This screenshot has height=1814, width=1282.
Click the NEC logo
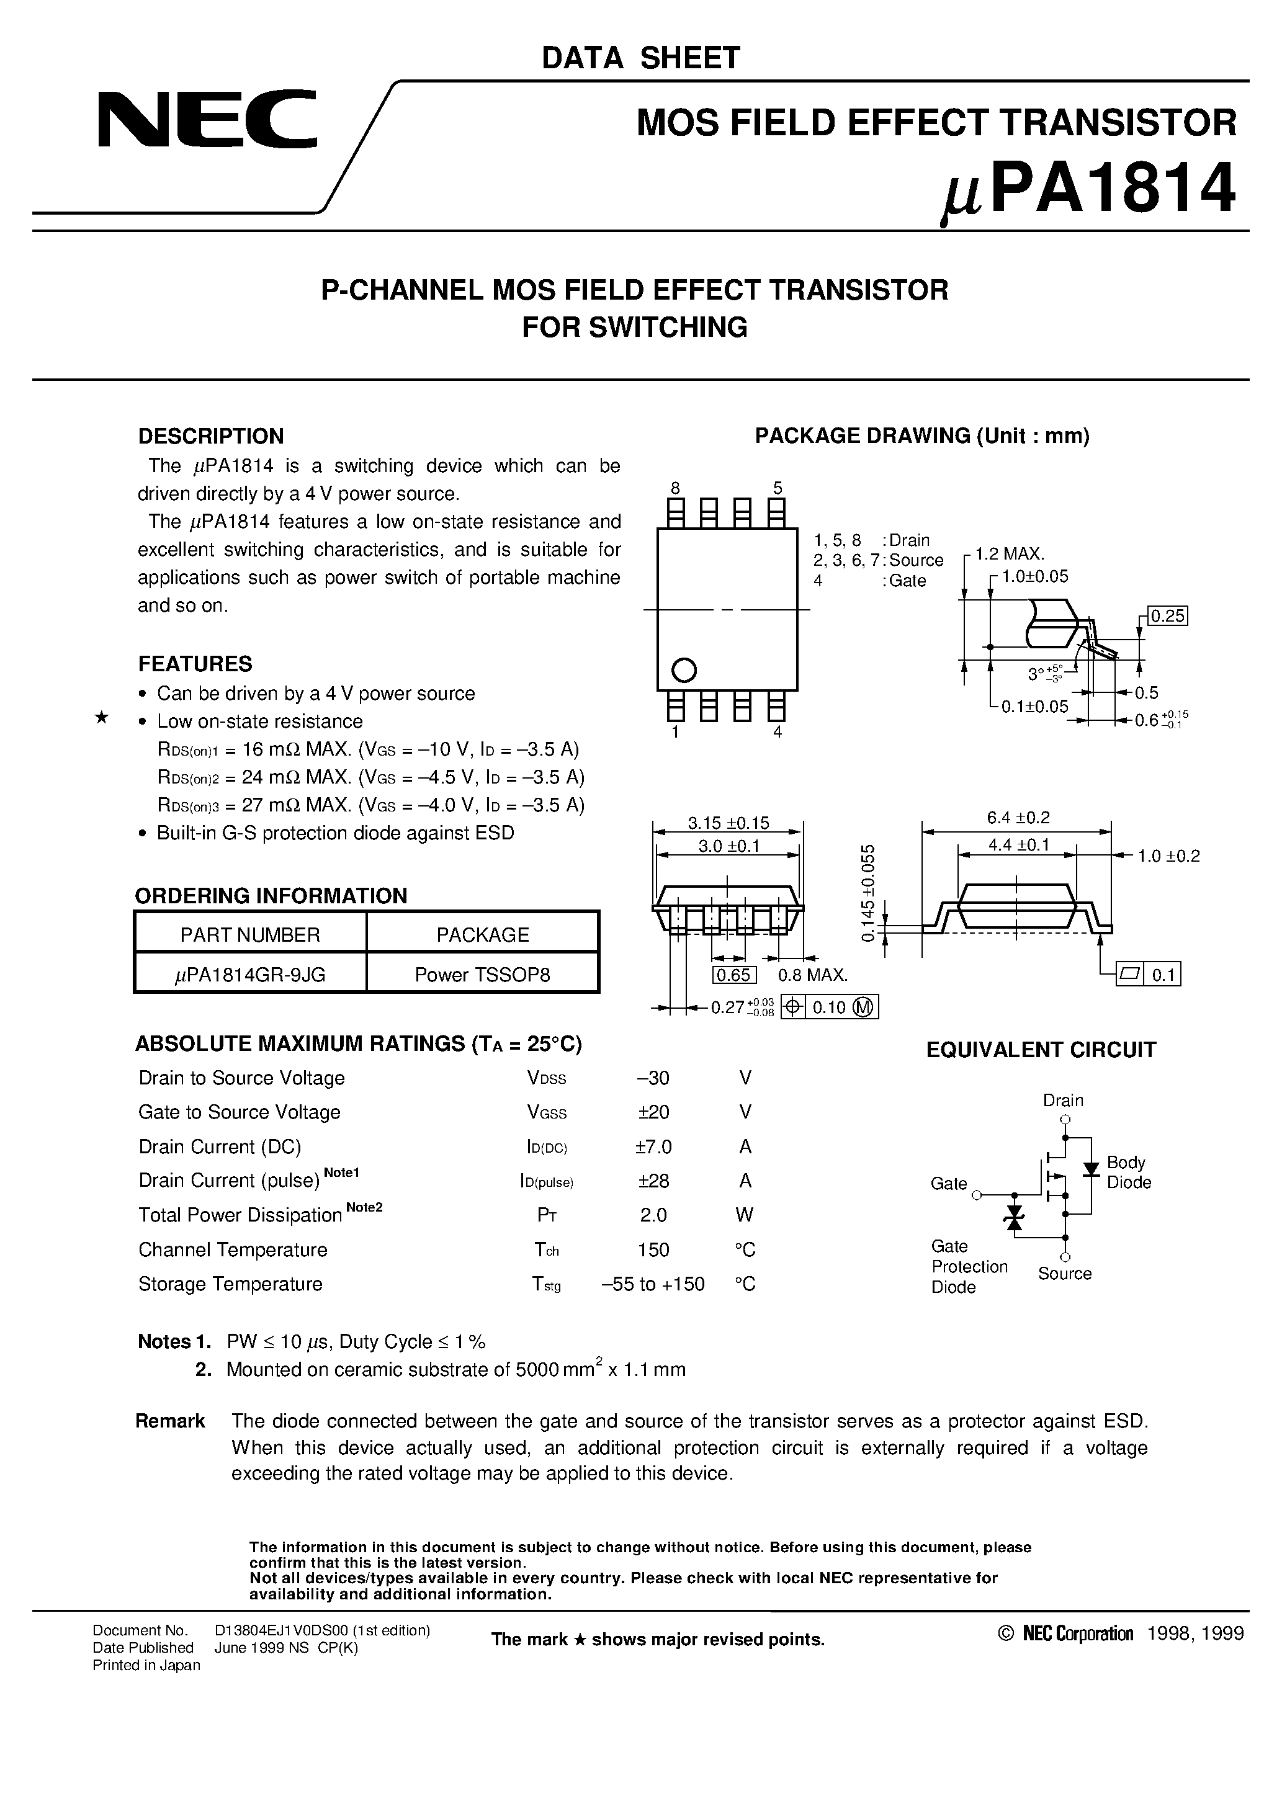[x=207, y=120]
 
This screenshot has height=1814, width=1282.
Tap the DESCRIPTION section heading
[x=210, y=436]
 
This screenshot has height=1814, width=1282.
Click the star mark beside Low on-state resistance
[x=101, y=718]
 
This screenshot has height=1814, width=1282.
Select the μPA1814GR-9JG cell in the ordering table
[x=250, y=975]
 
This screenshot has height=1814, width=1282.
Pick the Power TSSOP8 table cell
[x=482, y=975]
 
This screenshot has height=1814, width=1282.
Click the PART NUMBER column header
[x=250, y=935]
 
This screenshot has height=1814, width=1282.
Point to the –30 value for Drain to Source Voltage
[x=653, y=1078]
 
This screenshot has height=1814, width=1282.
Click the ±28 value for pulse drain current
[x=653, y=1181]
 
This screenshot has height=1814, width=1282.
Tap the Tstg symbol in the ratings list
[x=546, y=1284]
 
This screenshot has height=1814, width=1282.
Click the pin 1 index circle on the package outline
[x=684, y=670]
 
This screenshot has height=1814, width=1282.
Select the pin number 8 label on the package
[x=675, y=488]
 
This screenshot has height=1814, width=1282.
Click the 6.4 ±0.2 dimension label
[x=1018, y=818]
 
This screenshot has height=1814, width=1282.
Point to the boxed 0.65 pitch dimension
[x=734, y=975]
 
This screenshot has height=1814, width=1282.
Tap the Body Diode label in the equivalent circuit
[x=1128, y=1173]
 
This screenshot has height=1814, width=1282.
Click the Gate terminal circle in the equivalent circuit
[x=976, y=1195]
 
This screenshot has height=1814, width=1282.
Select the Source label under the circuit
[x=1065, y=1274]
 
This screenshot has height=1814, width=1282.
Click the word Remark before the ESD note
[x=170, y=1421]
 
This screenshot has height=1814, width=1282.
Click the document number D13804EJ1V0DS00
[x=321, y=1630]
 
